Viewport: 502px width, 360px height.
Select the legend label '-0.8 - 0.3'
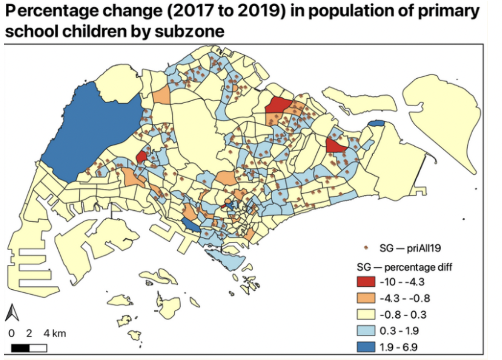[x=403, y=315]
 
